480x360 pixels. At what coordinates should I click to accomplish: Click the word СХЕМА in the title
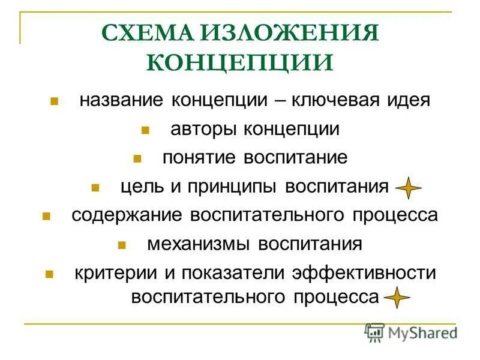coord(142,34)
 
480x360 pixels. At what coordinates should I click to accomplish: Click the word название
coord(122,100)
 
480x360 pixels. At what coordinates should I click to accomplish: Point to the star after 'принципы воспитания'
coord(408,188)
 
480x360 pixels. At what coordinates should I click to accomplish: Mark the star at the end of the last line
coord(396,298)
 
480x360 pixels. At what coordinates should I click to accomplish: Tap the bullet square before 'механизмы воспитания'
coord(121,245)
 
